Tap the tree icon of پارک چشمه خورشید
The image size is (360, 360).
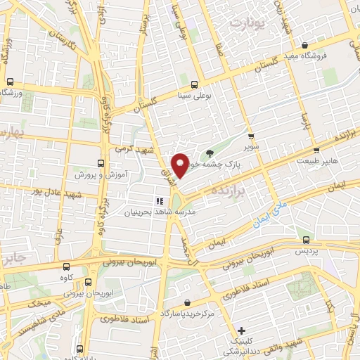(210, 153)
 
